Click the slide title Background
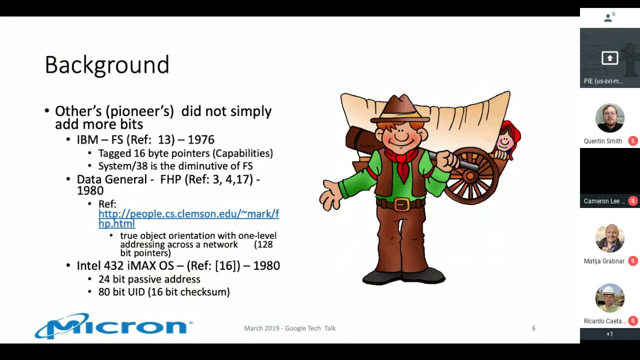(x=107, y=65)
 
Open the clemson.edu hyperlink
(x=188, y=214)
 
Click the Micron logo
(x=113, y=326)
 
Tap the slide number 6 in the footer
(x=533, y=328)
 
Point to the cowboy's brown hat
(x=400, y=108)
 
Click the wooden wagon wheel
(x=470, y=175)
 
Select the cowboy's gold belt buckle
(x=401, y=204)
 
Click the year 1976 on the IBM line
(x=200, y=140)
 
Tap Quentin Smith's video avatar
(x=609, y=118)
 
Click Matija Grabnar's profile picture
(x=609, y=238)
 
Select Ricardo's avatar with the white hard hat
(x=609, y=298)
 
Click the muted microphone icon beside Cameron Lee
(x=633, y=201)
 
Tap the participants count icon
(x=608, y=18)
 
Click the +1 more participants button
(x=609, y=334)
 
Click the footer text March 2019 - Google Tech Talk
(x=289, y=328)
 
